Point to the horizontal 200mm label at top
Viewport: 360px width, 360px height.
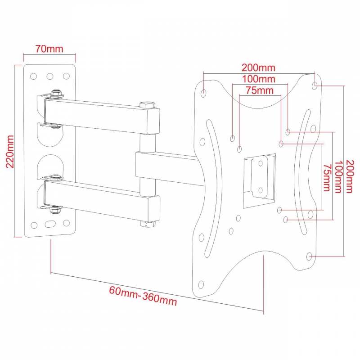[x=258, y=68]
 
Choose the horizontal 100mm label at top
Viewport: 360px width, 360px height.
[x=258, y=79]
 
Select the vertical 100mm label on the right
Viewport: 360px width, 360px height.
[x=337, y=176]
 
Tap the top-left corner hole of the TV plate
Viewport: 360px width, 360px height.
[x=204, y=94]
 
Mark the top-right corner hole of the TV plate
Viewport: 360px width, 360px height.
[x=315, y=85]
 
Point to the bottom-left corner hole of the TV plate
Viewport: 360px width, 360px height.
[x=201, y=284]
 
